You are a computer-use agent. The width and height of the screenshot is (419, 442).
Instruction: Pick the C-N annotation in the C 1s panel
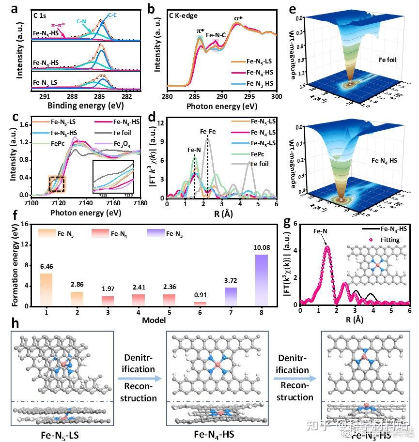pyautogui.click(x=82, y=21)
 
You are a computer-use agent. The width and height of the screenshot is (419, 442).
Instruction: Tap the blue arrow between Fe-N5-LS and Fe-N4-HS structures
pyautogui.click(x=140, y=381)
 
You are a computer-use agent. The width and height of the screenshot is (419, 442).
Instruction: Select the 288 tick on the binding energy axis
pyautogui.click(x=72, y=96)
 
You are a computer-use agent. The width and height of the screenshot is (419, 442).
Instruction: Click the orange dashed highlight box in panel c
pyautogui.click(x=57, y=184)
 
